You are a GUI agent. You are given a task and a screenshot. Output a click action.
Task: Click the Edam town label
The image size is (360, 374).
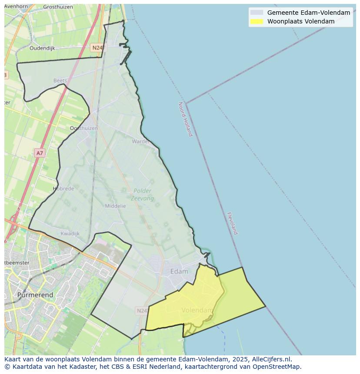point(179,271)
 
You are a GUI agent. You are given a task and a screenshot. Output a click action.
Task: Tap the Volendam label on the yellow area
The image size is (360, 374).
point(197,310)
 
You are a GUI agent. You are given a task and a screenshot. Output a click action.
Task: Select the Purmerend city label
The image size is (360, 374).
point(35,295)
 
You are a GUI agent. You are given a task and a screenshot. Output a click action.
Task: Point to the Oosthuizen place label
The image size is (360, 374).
point(83,128)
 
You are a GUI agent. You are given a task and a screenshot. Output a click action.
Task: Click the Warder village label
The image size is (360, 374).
point(140,141)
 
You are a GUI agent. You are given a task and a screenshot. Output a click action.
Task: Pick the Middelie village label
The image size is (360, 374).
point(115,206)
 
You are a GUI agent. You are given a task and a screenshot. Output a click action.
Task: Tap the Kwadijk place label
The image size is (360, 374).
point(70,234)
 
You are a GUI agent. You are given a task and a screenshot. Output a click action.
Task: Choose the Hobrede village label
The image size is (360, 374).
point(63,189)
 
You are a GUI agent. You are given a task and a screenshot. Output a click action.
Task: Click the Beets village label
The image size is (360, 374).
point(60,80)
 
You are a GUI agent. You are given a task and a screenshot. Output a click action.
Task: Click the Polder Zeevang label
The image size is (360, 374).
point(143,195)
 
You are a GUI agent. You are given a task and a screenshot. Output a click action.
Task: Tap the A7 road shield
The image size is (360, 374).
point(40,153)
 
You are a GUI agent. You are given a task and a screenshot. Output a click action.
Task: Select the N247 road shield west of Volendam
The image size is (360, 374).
point(142,311)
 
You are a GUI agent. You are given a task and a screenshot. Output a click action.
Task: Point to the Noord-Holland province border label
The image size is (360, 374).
point(185,119)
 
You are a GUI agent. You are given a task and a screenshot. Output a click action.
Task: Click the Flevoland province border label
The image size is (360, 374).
point(233,223)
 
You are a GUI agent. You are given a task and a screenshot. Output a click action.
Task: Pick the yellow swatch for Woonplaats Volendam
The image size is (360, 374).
point(257,21)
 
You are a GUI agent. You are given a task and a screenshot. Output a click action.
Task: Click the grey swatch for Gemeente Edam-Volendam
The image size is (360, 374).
point(257,13)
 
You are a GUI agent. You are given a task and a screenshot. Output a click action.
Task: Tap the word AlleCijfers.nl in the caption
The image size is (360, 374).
point(272,359)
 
